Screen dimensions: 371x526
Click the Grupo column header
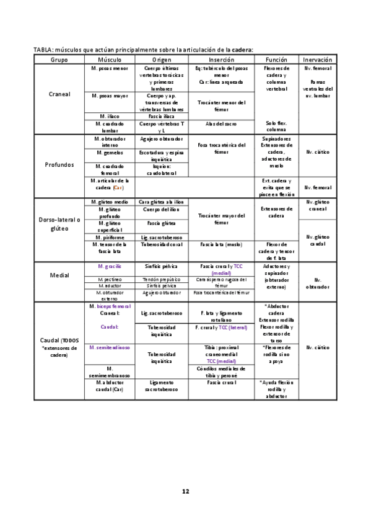click(59, 59)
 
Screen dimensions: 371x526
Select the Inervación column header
click(318, 59)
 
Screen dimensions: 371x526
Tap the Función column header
click(276, 59)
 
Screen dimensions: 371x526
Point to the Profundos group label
click(59, 165)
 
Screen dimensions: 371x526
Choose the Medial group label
click(59, 274)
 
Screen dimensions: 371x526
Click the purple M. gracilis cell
click(110, 266)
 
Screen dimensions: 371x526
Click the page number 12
click(185, 491)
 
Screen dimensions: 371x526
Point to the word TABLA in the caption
click(45, 50)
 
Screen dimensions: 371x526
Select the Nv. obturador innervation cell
click(318, 283)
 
